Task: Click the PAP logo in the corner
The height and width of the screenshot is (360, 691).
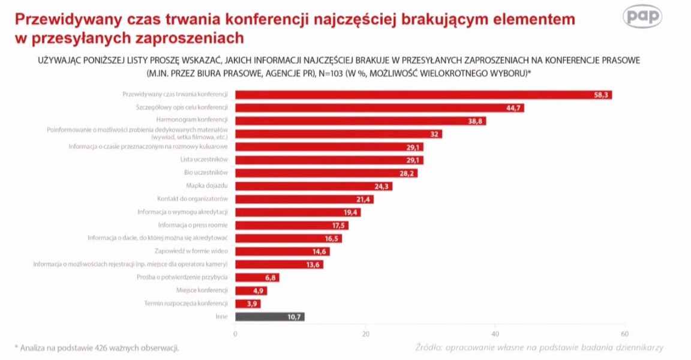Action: [x=643, y=17]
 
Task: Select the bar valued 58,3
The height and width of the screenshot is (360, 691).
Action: [x=423, y=95]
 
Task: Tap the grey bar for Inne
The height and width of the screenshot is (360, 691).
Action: [x=270, y=317]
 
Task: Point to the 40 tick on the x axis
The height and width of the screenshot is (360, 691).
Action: [x=495, y=334]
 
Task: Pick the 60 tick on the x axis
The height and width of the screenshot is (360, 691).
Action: [x=624, y=334]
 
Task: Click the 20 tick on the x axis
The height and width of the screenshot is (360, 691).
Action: [x=365, y=334]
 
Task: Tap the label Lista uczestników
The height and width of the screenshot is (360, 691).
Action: [x=204, y=160]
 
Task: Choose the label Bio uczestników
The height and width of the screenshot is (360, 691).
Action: [x=206, y=173]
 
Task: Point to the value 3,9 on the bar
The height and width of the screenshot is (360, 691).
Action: [x=252, y=304]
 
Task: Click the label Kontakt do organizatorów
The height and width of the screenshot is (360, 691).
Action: [x=193, y=199]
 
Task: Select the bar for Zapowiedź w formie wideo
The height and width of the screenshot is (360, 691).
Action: [x=282, y=251]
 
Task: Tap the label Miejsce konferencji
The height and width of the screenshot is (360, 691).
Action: [x=203, y=290]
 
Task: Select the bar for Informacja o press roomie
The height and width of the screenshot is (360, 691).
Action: [x=292, y=225]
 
